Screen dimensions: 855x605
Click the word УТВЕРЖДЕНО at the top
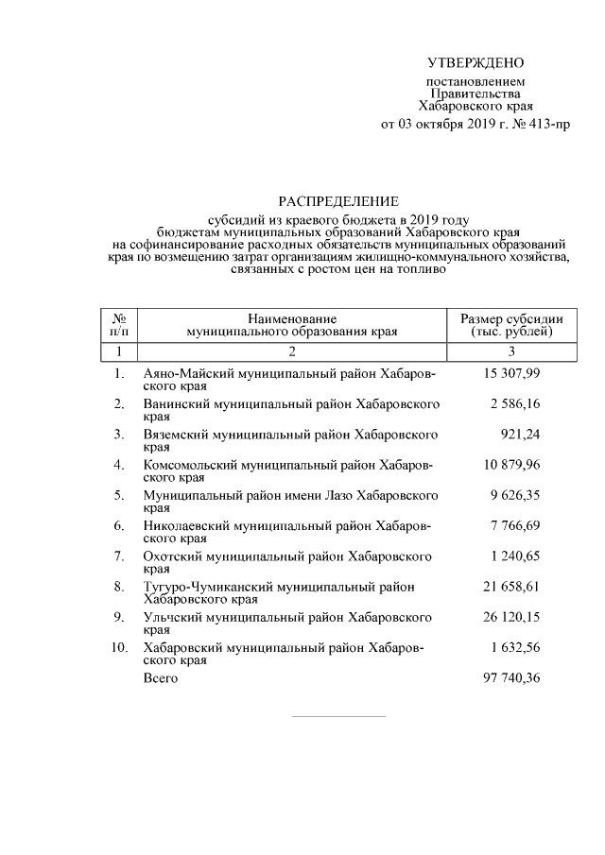click(475, 63)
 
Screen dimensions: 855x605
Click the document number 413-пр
click(547, 124)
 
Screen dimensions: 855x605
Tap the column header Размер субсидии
click(511, 318)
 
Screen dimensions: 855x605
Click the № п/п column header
click(119, 325)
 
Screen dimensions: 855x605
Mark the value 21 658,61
click(512, 586)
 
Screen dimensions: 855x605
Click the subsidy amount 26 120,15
click(512, 617)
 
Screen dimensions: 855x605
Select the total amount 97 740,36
click(512, 678)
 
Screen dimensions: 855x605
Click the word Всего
click(160, 678)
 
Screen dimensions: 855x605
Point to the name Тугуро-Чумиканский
click(199, 586)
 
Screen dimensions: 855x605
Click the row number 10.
click(118, 647)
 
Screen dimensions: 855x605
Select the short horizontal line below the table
click(337, 715)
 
